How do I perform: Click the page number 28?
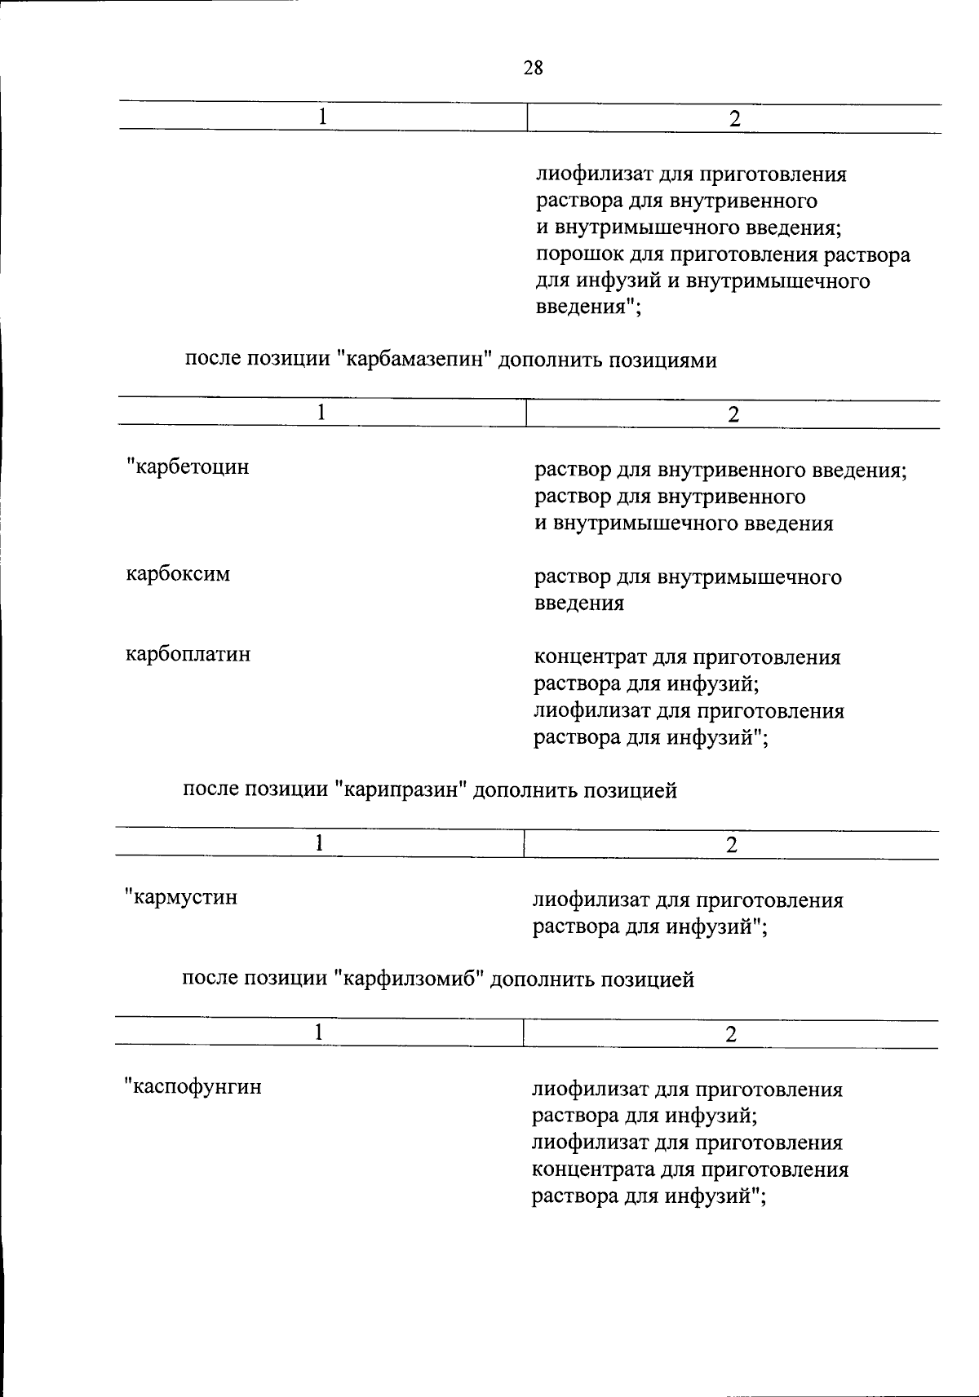click(533, 68)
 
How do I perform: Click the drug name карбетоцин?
click(189, 467)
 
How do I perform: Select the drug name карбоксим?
click(178, 574)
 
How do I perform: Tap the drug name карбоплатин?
click(188, 654)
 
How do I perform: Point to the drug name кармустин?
click(183, 897)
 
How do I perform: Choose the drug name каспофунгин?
click(194, 1086)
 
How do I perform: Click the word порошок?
click(577, 255)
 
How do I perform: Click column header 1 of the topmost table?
click(323, 117)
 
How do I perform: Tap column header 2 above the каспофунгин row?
click(731, 1034)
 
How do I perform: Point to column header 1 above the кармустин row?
click(320, 843)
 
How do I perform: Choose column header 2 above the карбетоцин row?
click(733, 414)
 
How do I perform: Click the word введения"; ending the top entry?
click(588, 308)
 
